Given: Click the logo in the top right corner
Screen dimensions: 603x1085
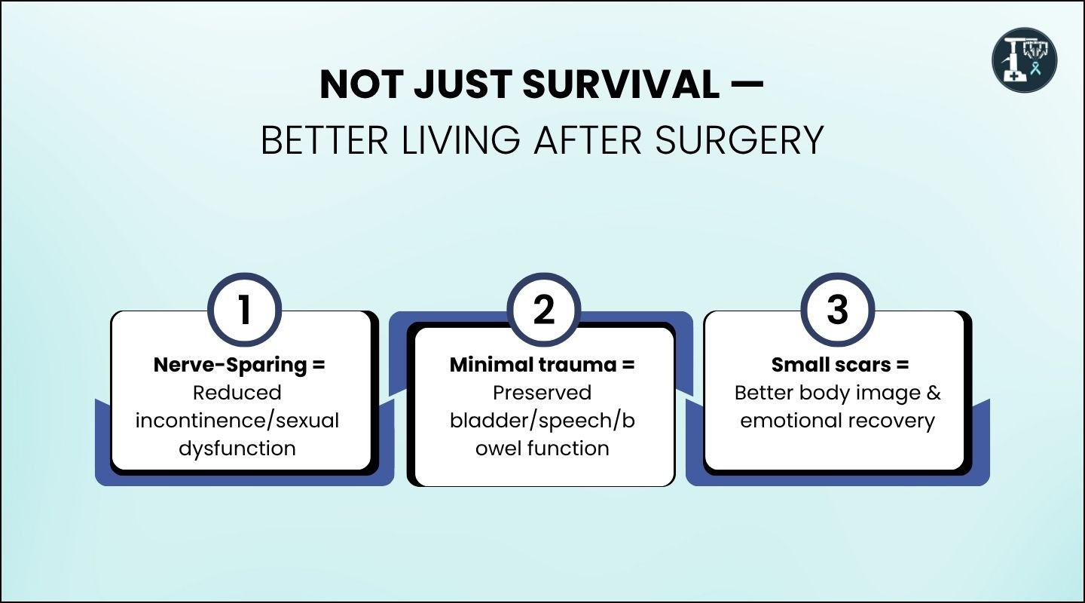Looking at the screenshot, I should (1024, 60).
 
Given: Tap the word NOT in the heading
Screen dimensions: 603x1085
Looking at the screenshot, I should (361, 85).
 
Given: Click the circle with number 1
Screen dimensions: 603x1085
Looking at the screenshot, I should (243, 310).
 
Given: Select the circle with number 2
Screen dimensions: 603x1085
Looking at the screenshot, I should (542, 310).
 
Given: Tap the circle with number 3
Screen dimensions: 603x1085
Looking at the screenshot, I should (837, 310).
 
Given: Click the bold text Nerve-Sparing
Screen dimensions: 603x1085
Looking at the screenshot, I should (231, 365).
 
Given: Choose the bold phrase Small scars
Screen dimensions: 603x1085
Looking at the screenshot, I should (826, 365).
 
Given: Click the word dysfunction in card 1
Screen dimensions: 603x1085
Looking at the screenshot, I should (237, 448).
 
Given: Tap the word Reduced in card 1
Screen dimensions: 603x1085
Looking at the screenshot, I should (237, 393).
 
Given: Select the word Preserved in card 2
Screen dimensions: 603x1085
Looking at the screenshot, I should (542, 393).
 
